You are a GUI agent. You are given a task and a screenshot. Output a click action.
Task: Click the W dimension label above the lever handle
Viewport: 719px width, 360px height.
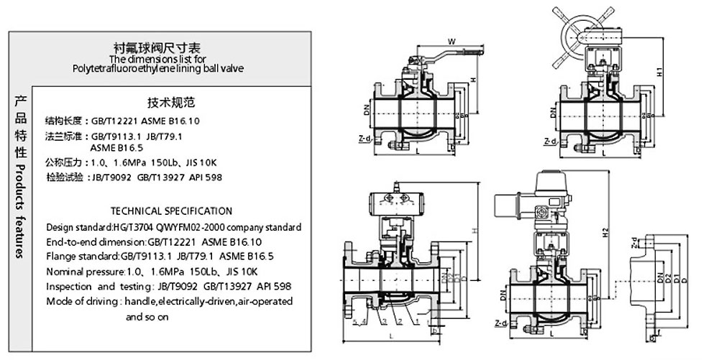[450, 40]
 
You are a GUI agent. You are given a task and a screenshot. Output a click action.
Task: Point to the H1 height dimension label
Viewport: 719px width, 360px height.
[659, 73]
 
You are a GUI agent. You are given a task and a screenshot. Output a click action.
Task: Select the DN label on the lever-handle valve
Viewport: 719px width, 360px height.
[367, 112]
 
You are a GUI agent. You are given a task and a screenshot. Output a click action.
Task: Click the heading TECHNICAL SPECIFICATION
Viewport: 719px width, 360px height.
[171, 211]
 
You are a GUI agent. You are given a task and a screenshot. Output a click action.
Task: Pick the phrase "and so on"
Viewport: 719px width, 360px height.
[147, 316]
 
